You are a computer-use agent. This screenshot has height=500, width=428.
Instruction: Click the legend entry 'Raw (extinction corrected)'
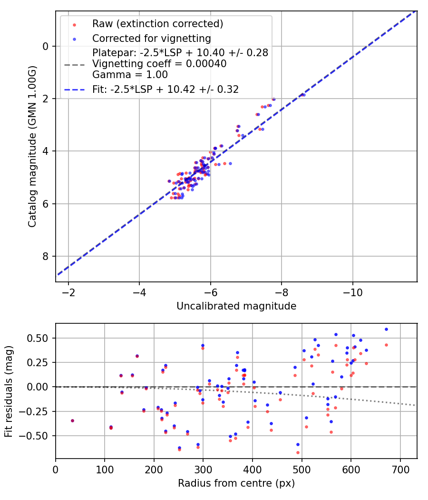(x=157, y=24)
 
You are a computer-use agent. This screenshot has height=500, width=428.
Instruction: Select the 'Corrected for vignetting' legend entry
(x=152, y=38)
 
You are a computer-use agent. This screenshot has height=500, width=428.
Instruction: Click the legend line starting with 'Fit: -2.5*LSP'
(x=165, y=89)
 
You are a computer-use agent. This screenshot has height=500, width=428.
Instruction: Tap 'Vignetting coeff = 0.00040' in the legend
(x=159, y=63)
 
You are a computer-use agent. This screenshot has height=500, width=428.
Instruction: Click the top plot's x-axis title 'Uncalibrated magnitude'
(x=236, y=306)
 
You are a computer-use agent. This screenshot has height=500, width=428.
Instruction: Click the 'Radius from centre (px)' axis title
(x=236, y=483)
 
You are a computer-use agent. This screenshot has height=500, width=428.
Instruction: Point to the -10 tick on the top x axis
(x=352, y=291)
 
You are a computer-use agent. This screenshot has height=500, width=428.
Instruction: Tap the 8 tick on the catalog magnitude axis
(x=46, y=256)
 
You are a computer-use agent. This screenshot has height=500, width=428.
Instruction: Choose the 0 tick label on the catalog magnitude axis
(x=46, y=46)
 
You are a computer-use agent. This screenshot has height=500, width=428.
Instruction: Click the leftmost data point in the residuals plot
(x=72, y=420)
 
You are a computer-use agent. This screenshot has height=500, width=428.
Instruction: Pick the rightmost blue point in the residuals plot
(x=386, y=329)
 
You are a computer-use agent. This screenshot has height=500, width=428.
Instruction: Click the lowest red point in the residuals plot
(x=298, y=452)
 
